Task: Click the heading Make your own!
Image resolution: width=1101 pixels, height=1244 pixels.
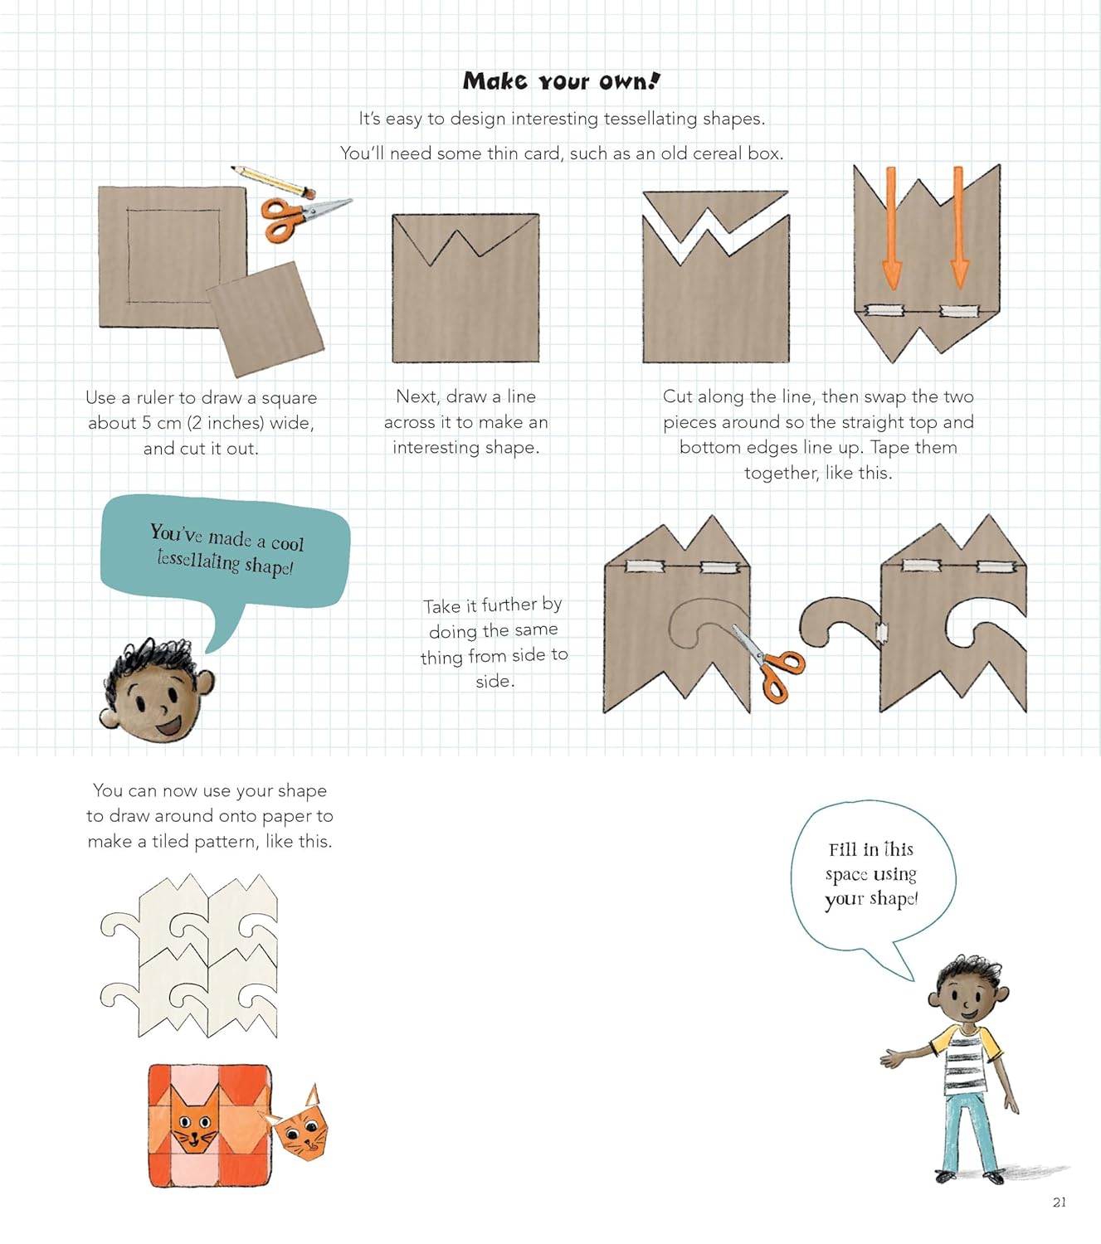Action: point(562,81)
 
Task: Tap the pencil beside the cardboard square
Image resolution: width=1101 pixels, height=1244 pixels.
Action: point(273,182)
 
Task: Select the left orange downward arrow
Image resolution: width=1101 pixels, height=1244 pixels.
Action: point(891,228)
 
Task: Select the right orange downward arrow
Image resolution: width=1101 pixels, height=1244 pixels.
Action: point(959,227)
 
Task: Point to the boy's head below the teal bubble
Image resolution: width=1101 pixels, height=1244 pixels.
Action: point(158,690)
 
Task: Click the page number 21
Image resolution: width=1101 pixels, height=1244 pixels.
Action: point(1060,1203)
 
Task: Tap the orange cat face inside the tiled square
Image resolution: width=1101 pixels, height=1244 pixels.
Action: point(195,1120)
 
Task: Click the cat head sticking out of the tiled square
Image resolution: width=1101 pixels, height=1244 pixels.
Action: point(300,1126)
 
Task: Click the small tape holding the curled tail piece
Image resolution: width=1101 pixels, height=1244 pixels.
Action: point(882,634)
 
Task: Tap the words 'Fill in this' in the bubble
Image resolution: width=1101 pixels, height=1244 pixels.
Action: point(870,850)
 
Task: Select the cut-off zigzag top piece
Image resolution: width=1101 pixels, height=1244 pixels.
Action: point(715,215)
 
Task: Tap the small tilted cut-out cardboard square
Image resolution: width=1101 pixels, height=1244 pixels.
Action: point(266,318)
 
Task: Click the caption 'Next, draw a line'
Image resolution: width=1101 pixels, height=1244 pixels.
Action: point(465,396)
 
